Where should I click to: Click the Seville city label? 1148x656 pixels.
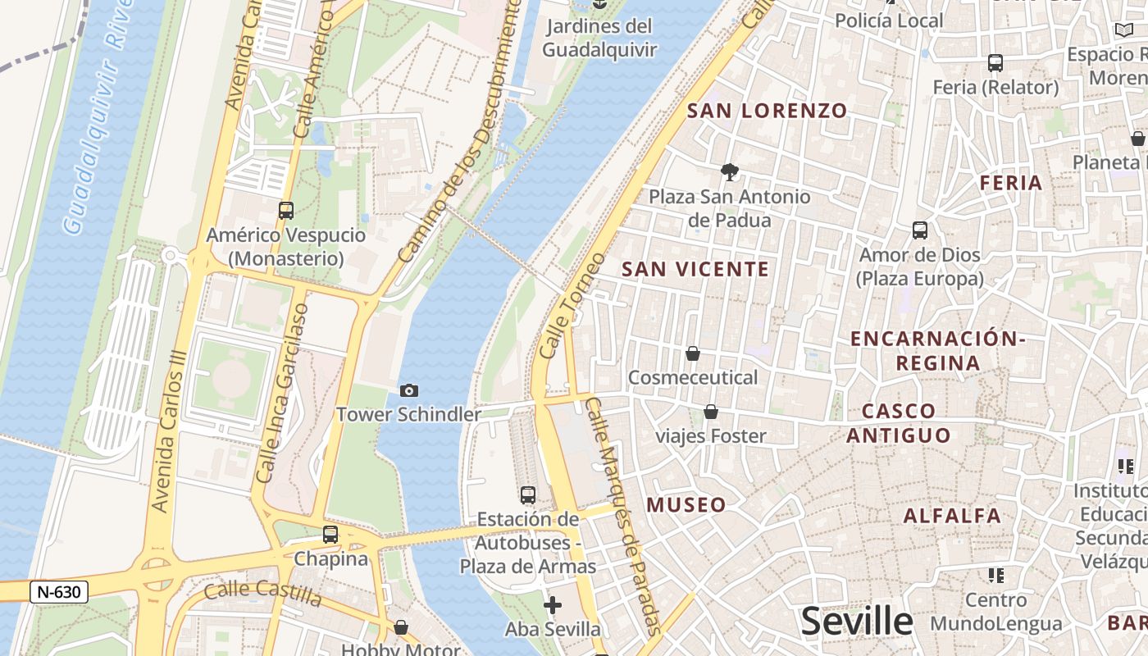point(856,622)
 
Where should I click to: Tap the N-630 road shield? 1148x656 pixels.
point(58,591)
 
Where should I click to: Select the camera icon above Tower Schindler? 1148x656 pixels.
point(408,390)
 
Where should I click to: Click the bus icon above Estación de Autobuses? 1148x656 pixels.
point(528,495)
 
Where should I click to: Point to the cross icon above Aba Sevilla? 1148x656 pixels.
point(553,606)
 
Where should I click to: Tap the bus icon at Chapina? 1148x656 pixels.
point(330,535)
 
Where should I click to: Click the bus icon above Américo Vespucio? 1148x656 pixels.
point(285,211)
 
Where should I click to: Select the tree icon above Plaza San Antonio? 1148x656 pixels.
point(728,172)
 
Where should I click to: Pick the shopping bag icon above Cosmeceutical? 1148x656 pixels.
point(693,353)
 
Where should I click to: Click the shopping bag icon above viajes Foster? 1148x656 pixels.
point(711,412)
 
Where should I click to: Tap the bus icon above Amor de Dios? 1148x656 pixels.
point(920,230)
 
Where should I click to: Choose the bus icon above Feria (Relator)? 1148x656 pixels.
point(995,62)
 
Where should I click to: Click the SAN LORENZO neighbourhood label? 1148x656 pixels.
point(767,111)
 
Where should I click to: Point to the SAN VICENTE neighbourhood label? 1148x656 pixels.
point(695,269)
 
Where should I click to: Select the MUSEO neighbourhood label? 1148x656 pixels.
point(686,505)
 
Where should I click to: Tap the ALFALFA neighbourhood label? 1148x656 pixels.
point(952,516)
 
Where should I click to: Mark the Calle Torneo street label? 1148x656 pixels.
point(572,305)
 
